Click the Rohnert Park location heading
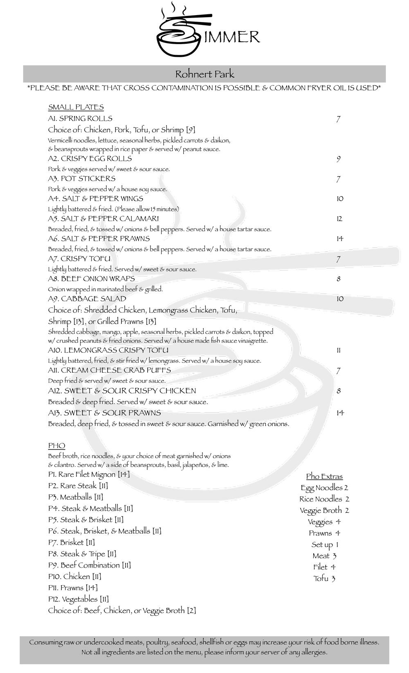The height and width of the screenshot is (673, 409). pos(204,74)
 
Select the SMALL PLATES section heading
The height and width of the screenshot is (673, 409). pos(76,107)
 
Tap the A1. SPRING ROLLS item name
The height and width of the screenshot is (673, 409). pos(80,119)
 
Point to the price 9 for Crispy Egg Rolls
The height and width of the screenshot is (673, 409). pos(338,159)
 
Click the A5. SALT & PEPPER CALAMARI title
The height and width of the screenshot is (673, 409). pos(103,219)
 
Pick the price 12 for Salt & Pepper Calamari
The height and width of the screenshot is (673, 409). pos(339,219)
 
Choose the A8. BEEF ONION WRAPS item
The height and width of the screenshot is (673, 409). pos(91,279)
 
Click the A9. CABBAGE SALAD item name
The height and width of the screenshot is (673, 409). pos(87,299)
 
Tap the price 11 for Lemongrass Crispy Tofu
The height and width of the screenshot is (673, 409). pos(338,351)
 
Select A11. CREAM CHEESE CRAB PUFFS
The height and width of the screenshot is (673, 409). pos(109,370)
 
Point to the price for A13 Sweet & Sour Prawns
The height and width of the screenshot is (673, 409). pos(340,413)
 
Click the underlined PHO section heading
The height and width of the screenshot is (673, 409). pos(56,445)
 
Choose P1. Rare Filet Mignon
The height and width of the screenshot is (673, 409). pos(89,474)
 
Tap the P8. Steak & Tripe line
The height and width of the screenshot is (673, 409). pos(82,554)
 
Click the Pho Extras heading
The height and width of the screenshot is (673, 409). pos(324,476)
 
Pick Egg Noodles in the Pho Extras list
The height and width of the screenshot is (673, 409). pos(324,488)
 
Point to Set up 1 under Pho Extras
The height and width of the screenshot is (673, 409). pos(325,545)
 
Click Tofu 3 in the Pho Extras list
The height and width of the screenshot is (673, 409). pos(324,579)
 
